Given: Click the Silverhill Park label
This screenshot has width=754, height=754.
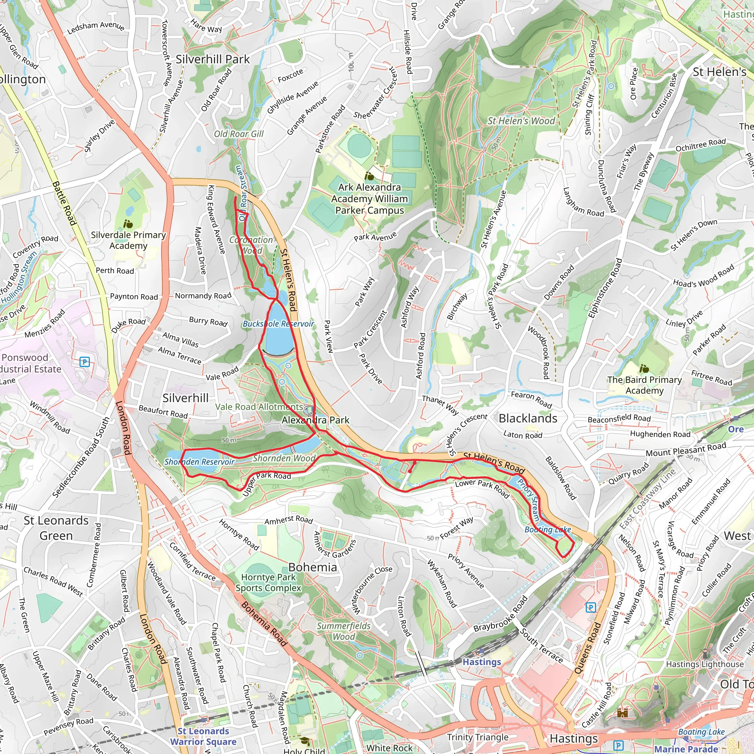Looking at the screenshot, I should tap(212, 59).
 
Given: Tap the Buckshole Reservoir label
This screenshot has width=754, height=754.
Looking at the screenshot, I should tap(278, 324).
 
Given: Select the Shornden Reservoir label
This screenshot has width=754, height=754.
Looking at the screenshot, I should tap(199, 462).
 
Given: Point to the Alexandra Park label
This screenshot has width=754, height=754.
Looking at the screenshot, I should tap(316, 420).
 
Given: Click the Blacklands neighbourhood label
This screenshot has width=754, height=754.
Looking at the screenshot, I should tap(528, 418).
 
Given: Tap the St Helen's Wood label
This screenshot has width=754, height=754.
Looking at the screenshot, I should tap(521, 121).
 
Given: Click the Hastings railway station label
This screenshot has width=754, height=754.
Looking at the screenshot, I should tap(482, 662).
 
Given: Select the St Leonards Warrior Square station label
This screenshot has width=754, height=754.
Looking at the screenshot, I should tap(203, 736).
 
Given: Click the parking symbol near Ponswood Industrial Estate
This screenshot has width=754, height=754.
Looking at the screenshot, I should tap(84, 362).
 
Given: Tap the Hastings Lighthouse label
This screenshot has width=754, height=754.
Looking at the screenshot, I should tap(705, 664).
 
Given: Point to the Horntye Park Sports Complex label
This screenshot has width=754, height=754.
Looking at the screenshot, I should tap(268, 582).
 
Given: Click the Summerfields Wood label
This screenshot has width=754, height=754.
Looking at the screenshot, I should tap(343, 631).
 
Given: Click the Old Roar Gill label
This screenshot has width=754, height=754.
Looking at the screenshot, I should tap(239, 134).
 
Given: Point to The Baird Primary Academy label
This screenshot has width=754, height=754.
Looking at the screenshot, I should tap(644, 385).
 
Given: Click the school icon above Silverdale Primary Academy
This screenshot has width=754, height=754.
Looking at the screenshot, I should tap(128, 224).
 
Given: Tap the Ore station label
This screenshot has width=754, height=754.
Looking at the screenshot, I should tap(736, 429).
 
